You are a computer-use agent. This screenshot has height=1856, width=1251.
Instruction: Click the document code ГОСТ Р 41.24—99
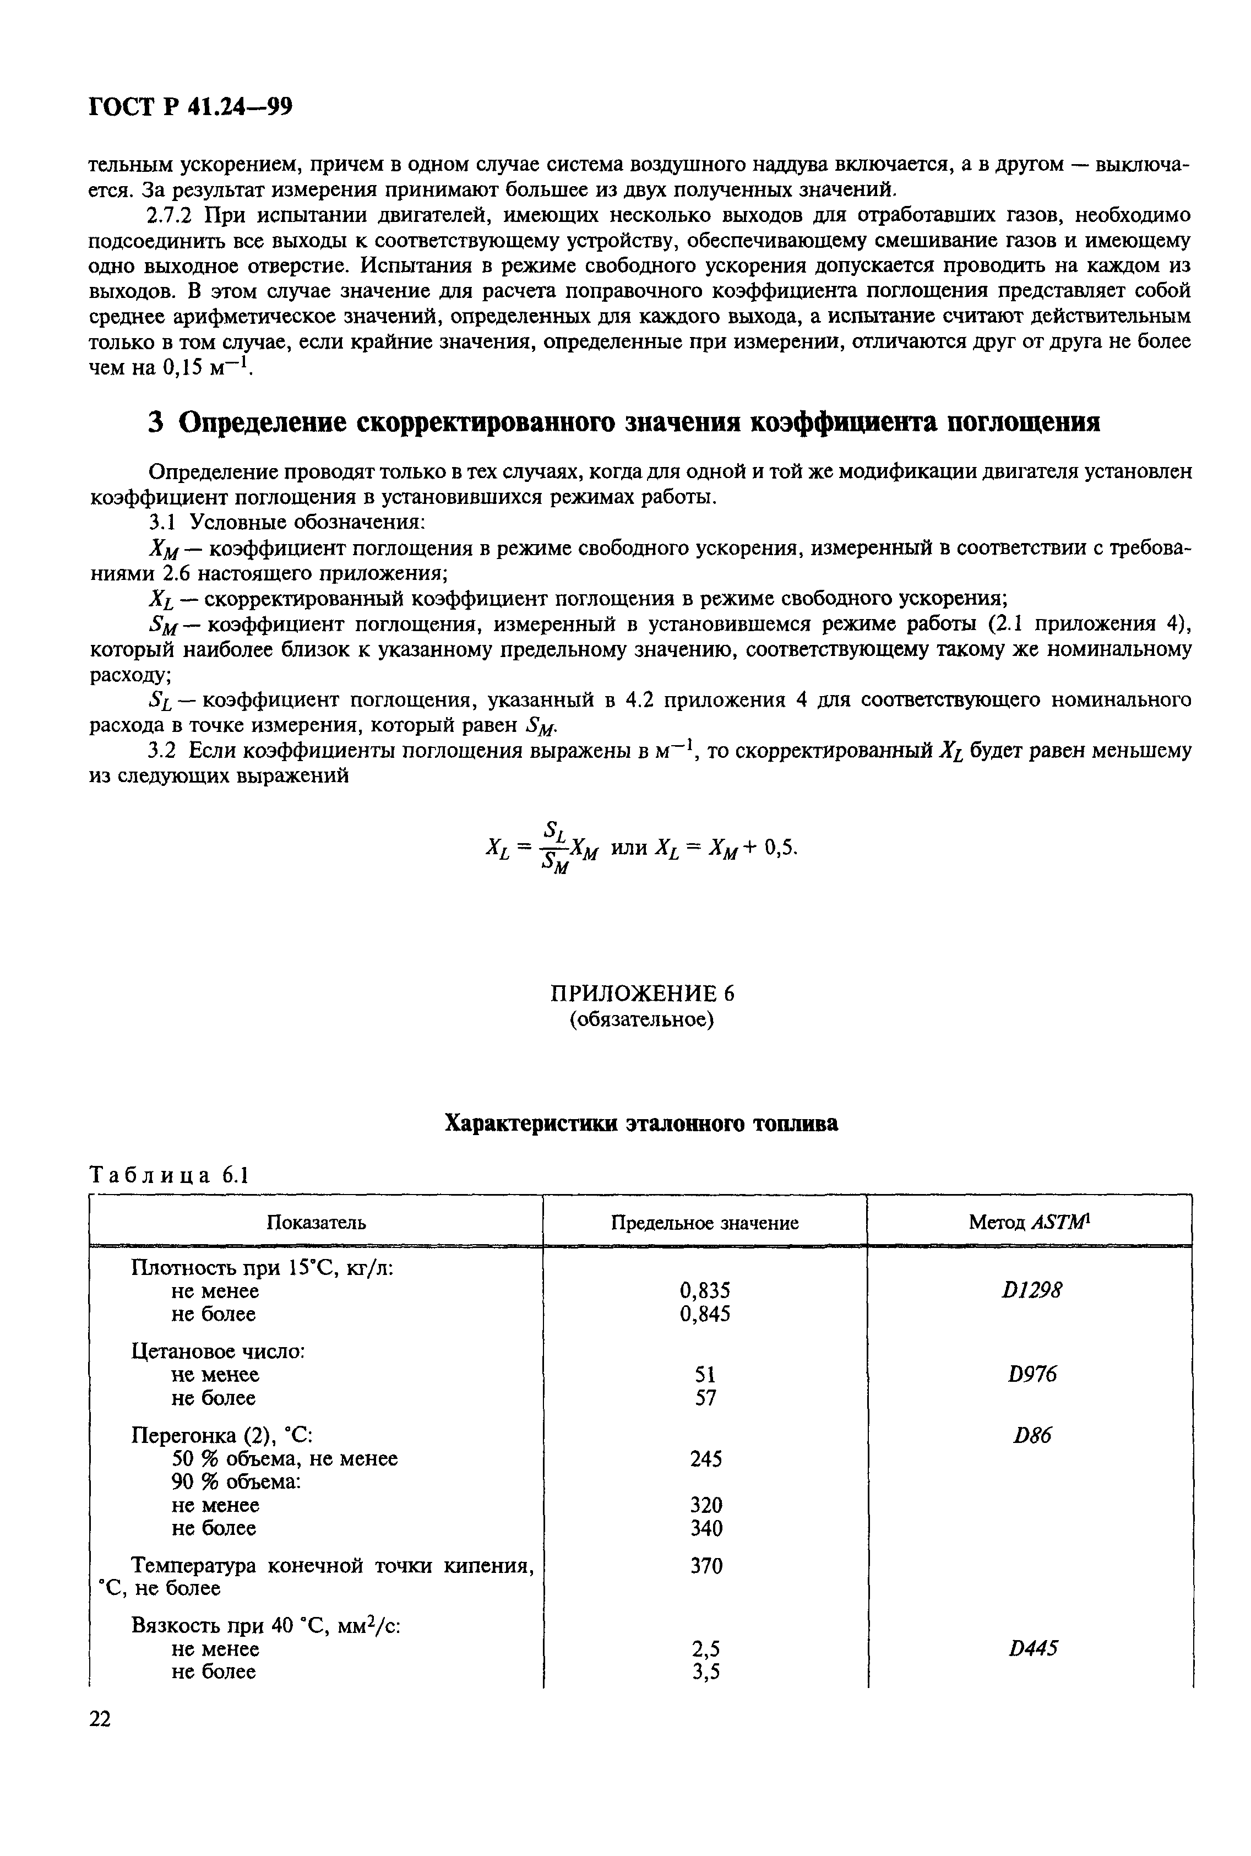point(190,107)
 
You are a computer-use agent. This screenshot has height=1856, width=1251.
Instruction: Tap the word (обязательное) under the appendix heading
point(641,1020)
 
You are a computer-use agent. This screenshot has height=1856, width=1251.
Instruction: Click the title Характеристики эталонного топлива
point(641,1124)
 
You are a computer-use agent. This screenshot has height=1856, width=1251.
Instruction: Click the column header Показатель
point(316,1223)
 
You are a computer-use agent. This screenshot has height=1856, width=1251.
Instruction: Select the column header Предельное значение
point(704,1223)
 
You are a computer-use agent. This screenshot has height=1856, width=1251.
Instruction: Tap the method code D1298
point(1032,1290)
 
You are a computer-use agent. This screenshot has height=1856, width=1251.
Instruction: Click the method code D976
point(1032,1374)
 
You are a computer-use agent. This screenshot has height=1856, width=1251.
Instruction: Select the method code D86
point(1032,1435)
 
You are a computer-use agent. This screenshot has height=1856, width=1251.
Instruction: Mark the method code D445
point(1032,1648)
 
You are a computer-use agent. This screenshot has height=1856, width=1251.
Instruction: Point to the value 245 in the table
point(705,1458)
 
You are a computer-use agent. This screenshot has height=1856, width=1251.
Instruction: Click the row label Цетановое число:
point(218,1351)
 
